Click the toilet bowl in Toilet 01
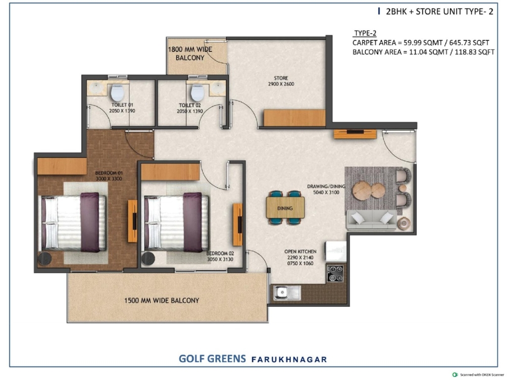(118, 93)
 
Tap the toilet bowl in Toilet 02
(197, 93)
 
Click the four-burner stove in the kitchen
(335, 273)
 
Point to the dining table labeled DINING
(285, 208)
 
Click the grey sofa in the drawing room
(372, 220)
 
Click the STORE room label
(281, 78)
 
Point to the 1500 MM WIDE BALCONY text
(162, 300)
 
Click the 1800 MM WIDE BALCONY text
(190, 53)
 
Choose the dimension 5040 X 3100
(326, 192)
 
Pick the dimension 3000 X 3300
(108, 179)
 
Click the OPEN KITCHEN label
(301, 251)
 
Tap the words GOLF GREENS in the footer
(212, 359)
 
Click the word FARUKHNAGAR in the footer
(289, 359)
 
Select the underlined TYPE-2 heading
(365, 33)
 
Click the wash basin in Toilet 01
(95, 88)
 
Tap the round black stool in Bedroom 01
(45, 259)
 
